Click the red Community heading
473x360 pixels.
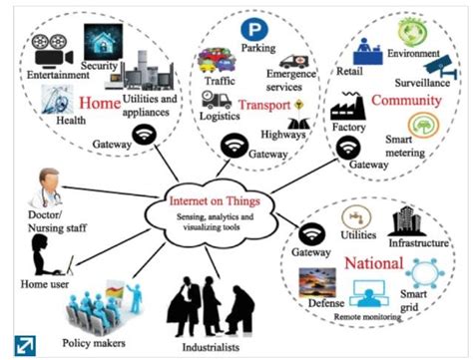(406, 101)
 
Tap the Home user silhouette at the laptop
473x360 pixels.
(46, 258)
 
